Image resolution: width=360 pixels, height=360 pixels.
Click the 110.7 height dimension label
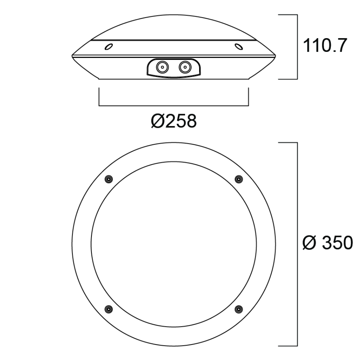pyautogui.click(x=325, y=46)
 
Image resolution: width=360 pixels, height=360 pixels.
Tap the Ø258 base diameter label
pyautogui.click(x=174, y=121)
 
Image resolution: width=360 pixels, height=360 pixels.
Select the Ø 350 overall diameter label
pyautogui.click(x=328, y=243)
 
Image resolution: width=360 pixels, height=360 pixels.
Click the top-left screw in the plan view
pyautogui.click(x=108, y=179)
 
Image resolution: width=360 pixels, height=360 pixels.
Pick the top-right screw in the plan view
pyautogui.click(x=239, y=179)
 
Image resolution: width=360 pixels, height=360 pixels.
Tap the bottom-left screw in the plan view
pyautogui.click(x=108, y=309)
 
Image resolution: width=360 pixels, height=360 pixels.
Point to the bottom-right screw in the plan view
pyautogui.click(x=239, y=309)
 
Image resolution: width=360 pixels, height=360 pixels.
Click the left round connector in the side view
pyautogui.click(x=162, y=68)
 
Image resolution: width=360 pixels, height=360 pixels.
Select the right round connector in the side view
pyautogui.click(x=185, y=68)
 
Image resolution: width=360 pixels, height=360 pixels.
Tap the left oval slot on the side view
pyautogui.click(x=109, y=46)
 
